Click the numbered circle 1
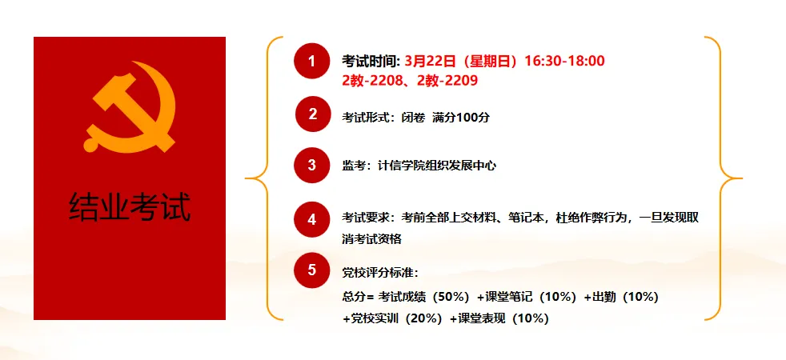[311, 61]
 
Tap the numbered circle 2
[313, 114]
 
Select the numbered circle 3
[311, 165]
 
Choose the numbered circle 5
[311, 270]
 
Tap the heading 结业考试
[130, 206]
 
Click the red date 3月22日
[430, 61]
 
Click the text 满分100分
[461, 117]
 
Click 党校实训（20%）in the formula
[394, 318]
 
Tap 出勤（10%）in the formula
[621, 297]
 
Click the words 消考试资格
[372, 238]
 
